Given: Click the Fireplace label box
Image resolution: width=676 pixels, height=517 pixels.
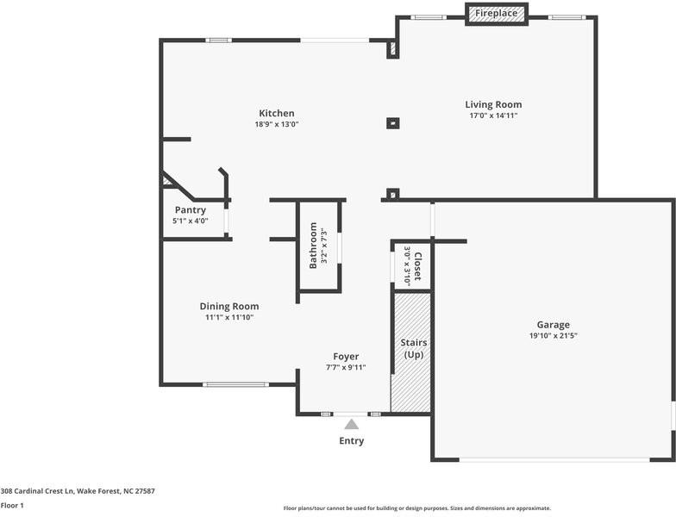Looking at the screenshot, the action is (497, 14).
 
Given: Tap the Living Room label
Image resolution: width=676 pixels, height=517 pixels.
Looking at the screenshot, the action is (493, 105).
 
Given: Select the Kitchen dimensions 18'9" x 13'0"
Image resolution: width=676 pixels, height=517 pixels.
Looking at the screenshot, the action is (277, 124).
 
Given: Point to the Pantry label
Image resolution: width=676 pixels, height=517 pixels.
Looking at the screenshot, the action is (190, 210).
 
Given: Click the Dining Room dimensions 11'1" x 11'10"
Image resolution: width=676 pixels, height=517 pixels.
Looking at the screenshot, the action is (229, 317).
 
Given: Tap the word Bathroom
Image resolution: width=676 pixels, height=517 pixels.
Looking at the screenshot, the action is (314, 246).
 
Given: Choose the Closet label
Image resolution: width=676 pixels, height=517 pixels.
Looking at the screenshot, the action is (417, 266).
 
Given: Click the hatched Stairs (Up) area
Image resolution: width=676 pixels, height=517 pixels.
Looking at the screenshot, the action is (410, 352).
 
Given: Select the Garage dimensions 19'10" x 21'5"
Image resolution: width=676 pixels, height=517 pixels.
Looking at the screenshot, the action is (554, 336).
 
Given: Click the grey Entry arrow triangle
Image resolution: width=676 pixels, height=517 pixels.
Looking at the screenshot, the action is (352, 424).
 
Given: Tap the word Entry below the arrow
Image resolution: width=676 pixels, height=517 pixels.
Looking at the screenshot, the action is (352, 441).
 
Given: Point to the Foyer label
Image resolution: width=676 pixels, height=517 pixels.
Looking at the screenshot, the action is (346, 357).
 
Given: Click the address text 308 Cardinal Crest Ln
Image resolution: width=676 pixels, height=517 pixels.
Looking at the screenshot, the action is (38, 491).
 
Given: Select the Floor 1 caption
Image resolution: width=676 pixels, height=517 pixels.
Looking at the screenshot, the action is (12, 505).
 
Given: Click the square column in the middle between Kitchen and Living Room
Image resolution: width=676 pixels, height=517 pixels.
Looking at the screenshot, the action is (393, 124).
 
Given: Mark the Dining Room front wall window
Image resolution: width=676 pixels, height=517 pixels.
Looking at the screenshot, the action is (236, 384).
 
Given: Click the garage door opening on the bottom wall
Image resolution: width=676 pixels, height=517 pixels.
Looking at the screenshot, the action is (554, 460).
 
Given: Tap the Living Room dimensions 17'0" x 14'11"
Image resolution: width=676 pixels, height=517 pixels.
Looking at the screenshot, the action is (493, 115).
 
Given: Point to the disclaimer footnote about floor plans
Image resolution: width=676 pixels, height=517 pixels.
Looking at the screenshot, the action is (417, 508).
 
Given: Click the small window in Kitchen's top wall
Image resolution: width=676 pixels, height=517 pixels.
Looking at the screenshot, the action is (219, 40).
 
